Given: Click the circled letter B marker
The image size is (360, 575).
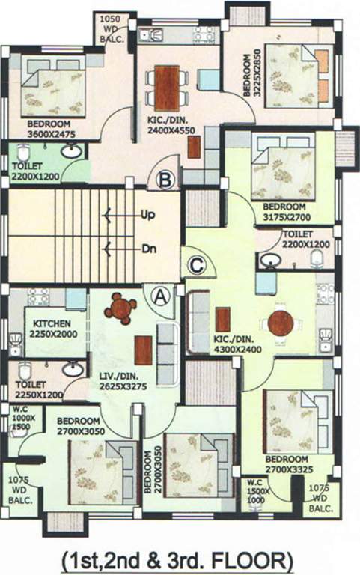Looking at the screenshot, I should tap(166, 180).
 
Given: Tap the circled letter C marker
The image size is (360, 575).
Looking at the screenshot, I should tap(196, 264).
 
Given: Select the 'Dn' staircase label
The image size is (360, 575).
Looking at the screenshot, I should tap(148, 249).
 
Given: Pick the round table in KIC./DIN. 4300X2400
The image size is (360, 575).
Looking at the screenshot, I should tap(281, 323).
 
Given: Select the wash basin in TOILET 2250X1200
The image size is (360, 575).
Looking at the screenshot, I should tap(73, 370).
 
